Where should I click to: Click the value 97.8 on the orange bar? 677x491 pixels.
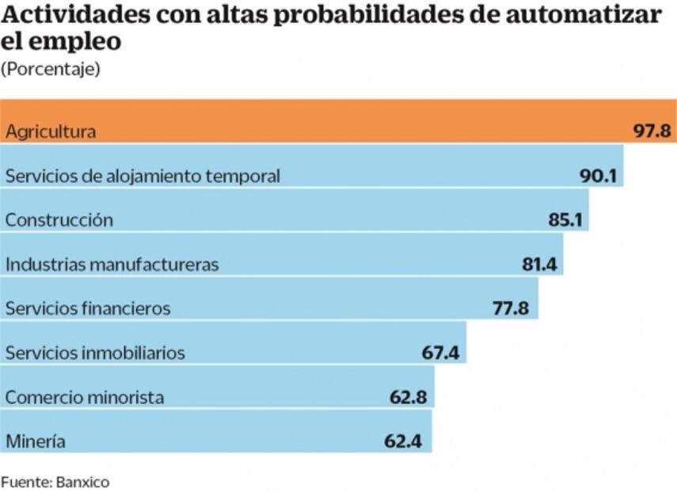(x=652, y=131)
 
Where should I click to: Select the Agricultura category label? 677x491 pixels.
(x=51, y=132)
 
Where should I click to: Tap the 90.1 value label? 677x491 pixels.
(x=598, y=176)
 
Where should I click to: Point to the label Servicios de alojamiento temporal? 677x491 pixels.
(x=143, y=176)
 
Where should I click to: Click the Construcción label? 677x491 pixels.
(x=59, y=220)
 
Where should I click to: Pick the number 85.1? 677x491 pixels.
(x=565, y=220)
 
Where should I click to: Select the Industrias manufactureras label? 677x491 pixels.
(x=112, y=265)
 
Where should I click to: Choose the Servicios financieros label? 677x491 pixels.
(x=88, y=308)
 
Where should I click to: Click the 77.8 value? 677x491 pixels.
(x=511, y=308)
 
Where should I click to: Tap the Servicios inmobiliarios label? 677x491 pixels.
(x=95, y=352)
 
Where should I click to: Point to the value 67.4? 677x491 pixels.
(x=440, y=352)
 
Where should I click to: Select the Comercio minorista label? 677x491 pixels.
(x=85, y=397)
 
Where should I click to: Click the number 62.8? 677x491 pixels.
(x=409, y=397)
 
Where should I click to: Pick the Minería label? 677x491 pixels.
(x=36, y=441)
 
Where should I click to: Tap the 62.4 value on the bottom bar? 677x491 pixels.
(x=404, y=441)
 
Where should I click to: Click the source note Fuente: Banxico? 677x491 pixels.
(x=55, y=481)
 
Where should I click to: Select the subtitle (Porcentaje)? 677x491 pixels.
(x=51, y=70)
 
